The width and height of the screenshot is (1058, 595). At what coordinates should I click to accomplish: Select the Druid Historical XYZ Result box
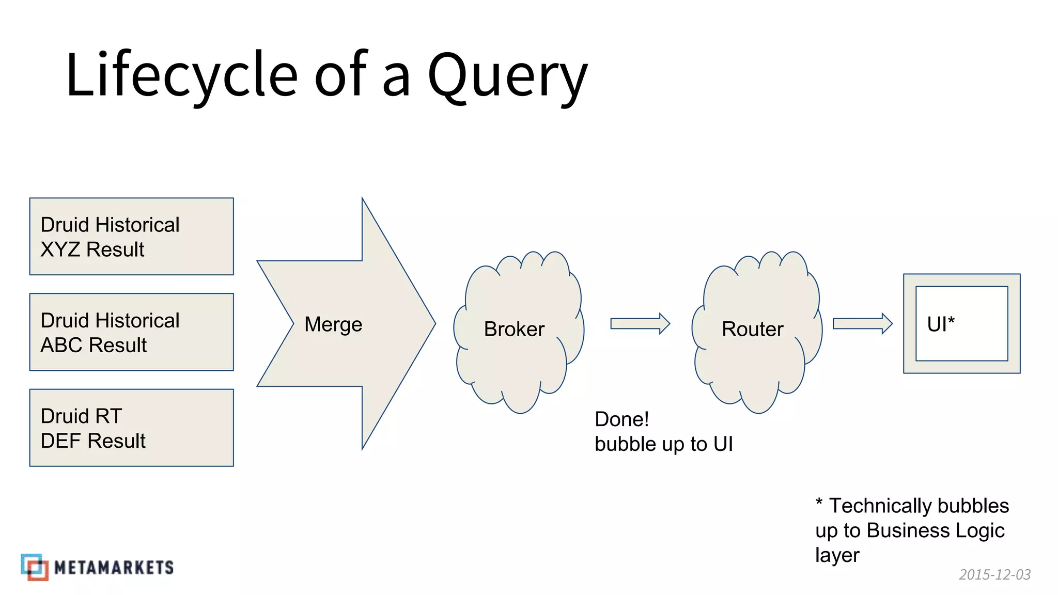131,237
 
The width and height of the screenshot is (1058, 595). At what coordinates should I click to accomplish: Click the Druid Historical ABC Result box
131,332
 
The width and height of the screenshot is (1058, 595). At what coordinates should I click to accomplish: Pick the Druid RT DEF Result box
131,428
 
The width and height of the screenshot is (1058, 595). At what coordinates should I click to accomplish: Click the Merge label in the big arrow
333,324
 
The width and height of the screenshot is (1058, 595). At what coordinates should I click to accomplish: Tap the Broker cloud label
514,329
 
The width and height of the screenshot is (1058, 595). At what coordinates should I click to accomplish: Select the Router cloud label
752,329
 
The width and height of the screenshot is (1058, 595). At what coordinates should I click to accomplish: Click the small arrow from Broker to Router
640,324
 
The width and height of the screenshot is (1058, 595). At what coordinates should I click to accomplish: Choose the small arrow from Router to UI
862,324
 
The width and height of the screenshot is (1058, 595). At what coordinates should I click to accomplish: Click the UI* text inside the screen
941,324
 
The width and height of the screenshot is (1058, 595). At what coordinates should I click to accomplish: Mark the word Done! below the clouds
621,419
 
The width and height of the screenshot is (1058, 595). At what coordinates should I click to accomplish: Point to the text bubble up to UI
663,444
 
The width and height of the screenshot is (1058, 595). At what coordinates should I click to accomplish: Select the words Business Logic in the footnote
935,530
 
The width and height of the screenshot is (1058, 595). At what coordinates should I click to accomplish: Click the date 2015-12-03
994,574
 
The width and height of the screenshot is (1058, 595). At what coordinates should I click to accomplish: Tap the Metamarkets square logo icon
35,567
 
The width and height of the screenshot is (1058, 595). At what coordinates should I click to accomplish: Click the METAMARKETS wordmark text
114,568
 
